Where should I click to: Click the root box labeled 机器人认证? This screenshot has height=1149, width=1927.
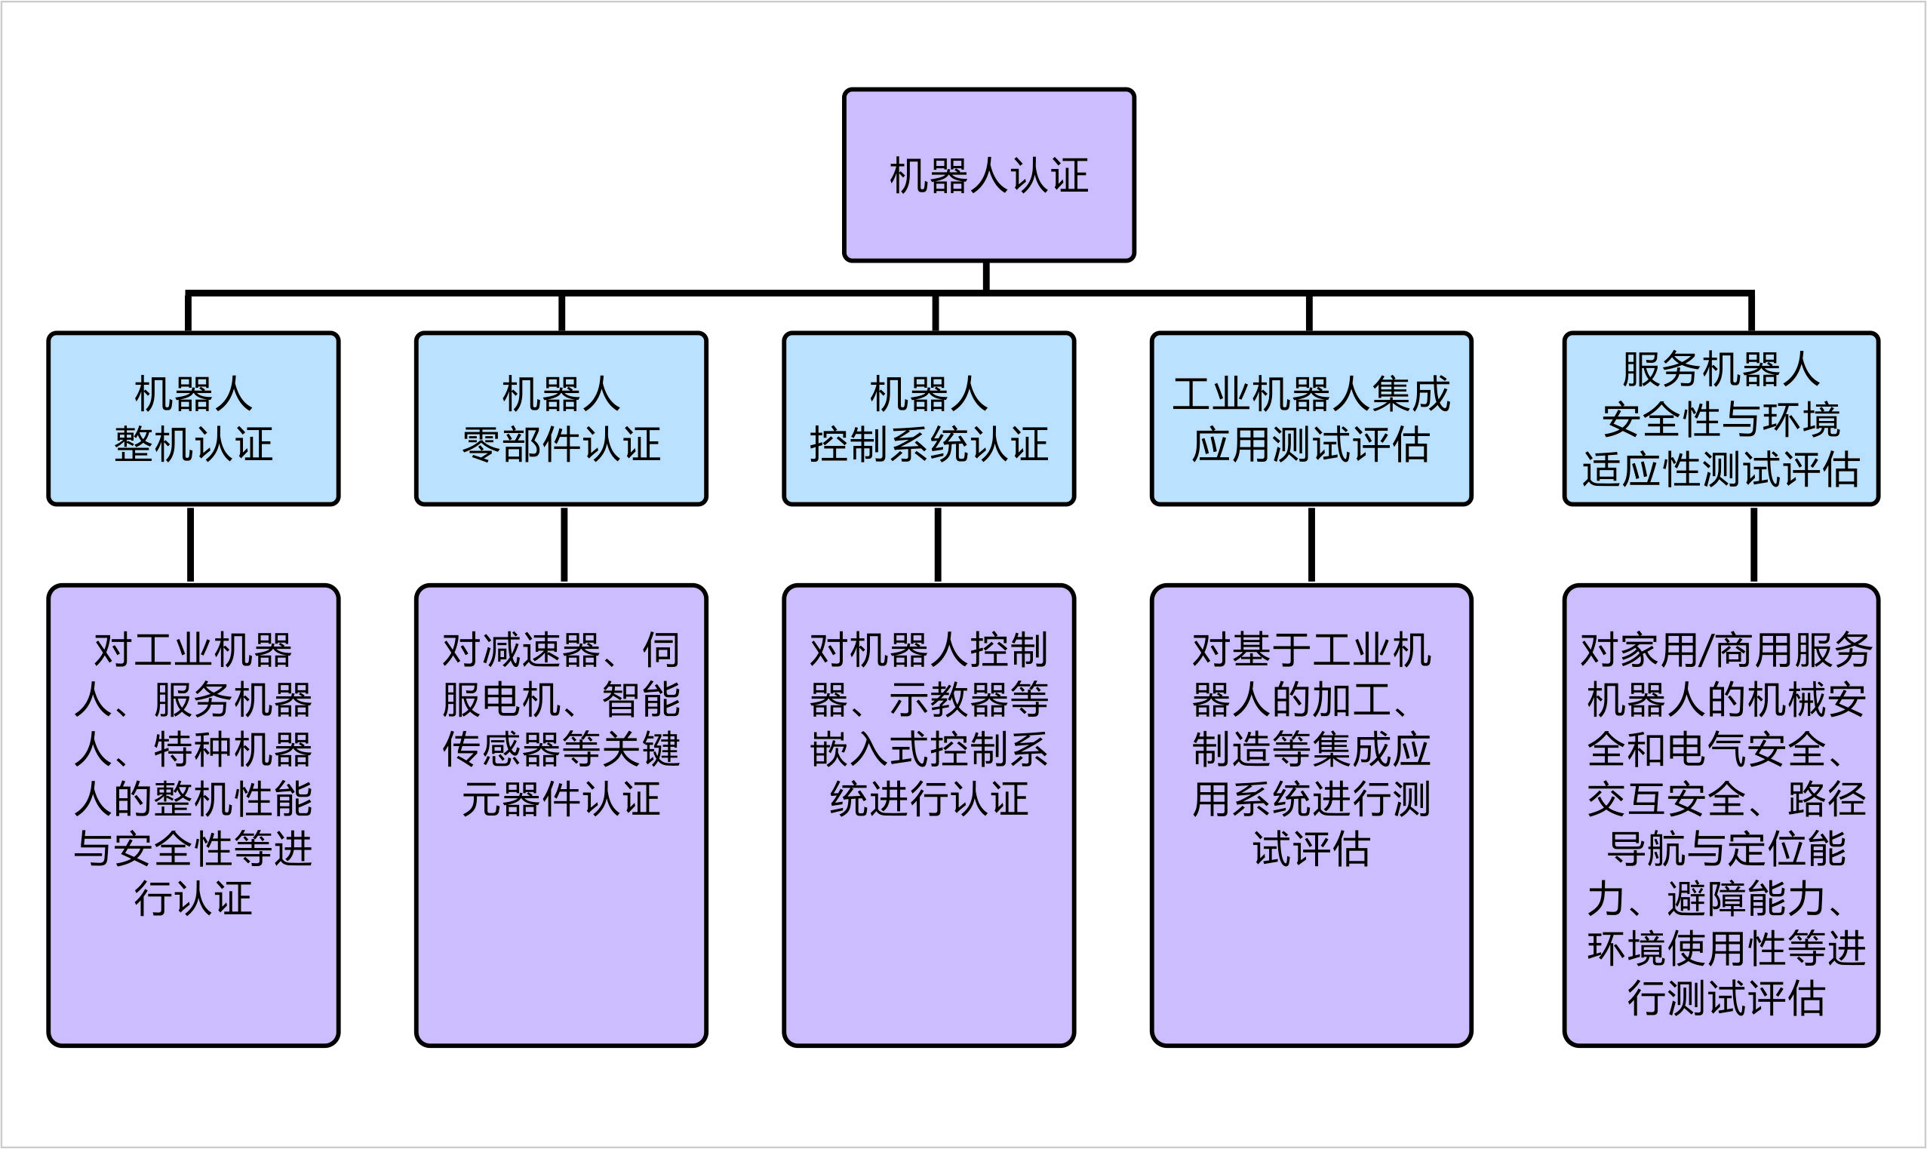(x=988, y=175)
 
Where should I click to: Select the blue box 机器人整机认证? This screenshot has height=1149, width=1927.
(x=193, y=419)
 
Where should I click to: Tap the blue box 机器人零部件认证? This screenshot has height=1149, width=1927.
(x=561, y=419)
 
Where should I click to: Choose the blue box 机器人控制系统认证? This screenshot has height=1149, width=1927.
(x=928, y=419)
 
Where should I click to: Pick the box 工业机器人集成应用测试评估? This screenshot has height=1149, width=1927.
(x=1311, y=419)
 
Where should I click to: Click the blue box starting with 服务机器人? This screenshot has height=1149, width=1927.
(x=1720, y=419)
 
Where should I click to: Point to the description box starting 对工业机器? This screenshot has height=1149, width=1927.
(x=193, y=816)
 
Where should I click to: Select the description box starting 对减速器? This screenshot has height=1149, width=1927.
(x=561, y=816)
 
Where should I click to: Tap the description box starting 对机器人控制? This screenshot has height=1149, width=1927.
(x=928, y=816)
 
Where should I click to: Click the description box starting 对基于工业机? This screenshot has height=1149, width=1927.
(x=1311, y=816)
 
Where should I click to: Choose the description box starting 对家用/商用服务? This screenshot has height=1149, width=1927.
(x=1720, y=816)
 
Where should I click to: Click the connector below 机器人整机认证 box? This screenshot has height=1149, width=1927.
(x=190, y=544)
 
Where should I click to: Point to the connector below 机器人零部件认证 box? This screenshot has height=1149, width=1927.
(x=564, y=544)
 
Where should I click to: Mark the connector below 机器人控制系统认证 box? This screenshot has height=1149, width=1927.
(x=938, y=544)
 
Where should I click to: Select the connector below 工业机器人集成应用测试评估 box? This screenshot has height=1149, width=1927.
(x=1311, y=544)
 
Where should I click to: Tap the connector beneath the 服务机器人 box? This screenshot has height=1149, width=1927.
(x=1753, y=544)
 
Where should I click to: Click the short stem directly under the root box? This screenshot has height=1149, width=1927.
(x=985, y=275)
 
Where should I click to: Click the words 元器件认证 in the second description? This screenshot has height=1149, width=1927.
(x=561, y=799)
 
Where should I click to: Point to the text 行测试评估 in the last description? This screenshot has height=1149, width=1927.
(x=1726, y=999)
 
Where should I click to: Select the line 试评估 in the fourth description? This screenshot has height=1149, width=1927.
(x=1311, y=849)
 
